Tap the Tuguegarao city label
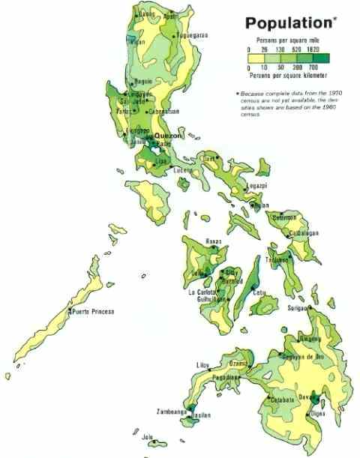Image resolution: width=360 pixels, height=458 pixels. coord(192,34)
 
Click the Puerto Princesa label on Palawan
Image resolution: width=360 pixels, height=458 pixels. coord(93,311)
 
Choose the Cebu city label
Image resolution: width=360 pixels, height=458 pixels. coord(259,292)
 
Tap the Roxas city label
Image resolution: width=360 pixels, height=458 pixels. coord(216,241)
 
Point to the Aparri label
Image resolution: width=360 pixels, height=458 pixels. coord(170,15)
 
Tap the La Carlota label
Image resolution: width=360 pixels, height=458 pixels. coord(202,291)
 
